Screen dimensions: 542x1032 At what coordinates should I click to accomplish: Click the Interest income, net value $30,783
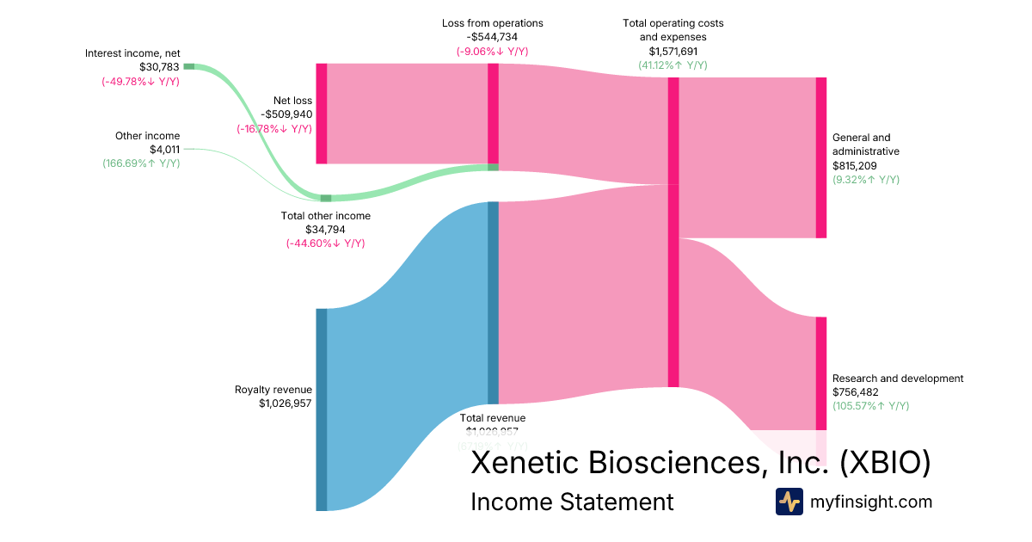[x=160, y=67]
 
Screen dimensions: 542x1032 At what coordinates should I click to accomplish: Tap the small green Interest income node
[x=188, y=66]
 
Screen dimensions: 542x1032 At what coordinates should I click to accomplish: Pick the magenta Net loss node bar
[x=322, y=113]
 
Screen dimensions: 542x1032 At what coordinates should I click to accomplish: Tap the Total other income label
[x=326, y=216]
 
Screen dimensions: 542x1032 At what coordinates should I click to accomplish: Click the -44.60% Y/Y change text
[x=326, y=243]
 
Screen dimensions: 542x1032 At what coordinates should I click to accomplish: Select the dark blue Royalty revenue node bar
[x=322, y=409]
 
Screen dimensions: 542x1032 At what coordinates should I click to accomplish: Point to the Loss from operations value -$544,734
[x=492, y=38]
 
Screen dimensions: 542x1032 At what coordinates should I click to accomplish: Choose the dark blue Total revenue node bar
[x=493, y=302]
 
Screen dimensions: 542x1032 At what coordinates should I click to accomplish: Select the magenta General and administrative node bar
[x=820, y=157]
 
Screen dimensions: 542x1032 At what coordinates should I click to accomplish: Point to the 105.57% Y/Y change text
[x=870, y=406]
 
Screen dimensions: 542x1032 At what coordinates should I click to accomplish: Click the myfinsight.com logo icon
[x=789, y=502]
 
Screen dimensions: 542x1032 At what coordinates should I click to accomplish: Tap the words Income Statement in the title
[x=572, y=502]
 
